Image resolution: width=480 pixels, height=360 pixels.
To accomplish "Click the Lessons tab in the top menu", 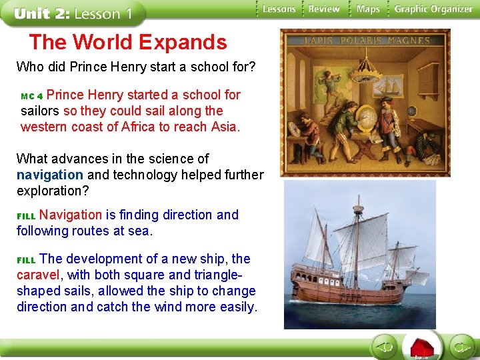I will click(x=279, y=9).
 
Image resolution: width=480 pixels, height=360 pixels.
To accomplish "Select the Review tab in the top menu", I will click(x=324, y=9).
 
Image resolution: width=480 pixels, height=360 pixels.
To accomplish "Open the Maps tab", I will click(x=368, y=9).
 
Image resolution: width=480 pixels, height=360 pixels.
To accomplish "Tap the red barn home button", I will click(x=421, y=347).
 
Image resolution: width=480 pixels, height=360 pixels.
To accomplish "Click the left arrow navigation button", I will click(x=385, y=347).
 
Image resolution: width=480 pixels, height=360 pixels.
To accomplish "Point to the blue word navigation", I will click(x=50, y=175).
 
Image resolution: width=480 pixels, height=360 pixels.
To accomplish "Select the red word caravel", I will click(x=38, y=275).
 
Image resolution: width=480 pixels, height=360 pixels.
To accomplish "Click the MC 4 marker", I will click(x=31, y=96).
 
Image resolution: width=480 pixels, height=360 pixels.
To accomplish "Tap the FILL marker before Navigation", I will click(x=26, y=216).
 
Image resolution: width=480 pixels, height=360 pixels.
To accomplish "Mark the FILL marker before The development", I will click(x=26, y=260).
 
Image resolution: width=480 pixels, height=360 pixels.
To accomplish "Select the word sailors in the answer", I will click(x=40, y=111).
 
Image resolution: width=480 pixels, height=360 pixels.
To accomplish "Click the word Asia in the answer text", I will click(x=223, y=127).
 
